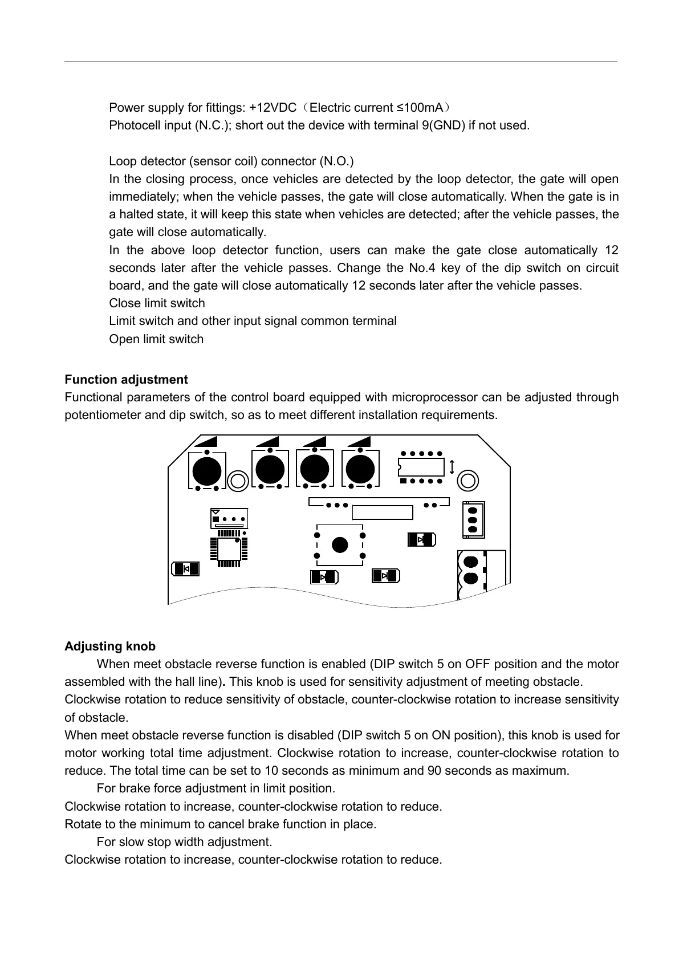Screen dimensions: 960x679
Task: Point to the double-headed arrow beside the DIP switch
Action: tap(452, 467)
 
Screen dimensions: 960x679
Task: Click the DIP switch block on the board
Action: tap(421, 467)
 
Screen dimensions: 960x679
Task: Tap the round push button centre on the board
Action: tap(340, 544)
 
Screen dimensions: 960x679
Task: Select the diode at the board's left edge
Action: tap(186, 569)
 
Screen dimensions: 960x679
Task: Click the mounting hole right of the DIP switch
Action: tap(468, 480)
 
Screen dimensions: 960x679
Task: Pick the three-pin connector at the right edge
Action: tap(473, 519)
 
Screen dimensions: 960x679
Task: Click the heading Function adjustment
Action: tap(126, 380)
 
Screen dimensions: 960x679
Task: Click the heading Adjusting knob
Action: tap(110, 646)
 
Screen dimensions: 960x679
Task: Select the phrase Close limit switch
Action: tap(157, 303)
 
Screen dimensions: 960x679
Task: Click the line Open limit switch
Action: tap(156, 339)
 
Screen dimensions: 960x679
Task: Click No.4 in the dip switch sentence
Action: tap(422, 268)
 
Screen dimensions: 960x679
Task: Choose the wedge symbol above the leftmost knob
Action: tap(206, 442)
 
